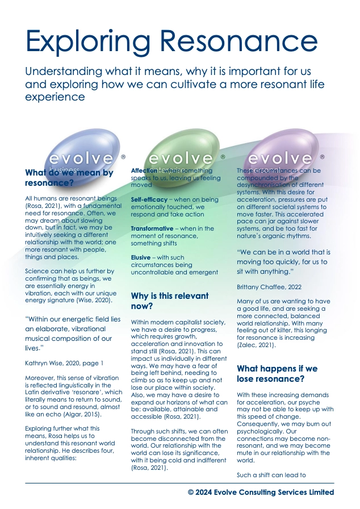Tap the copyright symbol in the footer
(191, 492)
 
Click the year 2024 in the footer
(205, 492)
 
